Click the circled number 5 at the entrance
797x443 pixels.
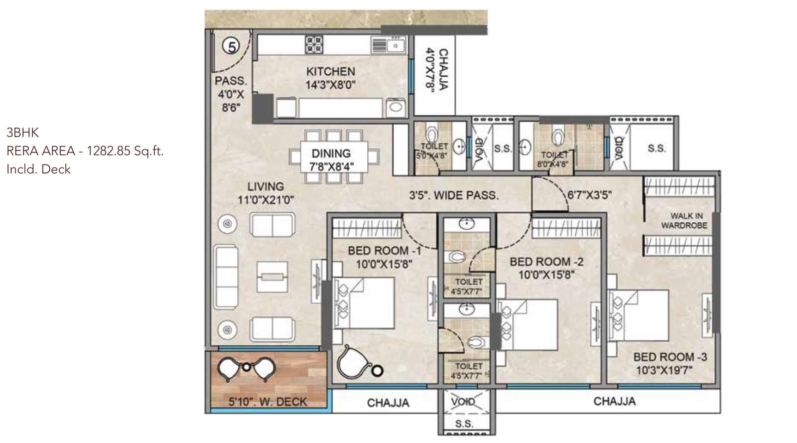coord(231,46)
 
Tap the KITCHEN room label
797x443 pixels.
coord(330,72)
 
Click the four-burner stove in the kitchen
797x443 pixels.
coord(314,44)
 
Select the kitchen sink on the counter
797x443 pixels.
coord(396,45)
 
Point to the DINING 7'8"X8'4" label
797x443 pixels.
coord(331,159)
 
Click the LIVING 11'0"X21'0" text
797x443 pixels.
coord(266,193)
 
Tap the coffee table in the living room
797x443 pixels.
coord(272,277)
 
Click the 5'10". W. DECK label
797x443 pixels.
coord(267,402)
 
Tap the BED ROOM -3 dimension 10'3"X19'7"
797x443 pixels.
coord(664,370)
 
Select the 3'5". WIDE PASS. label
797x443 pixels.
coord(453,195)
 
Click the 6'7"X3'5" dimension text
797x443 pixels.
coord(589,195)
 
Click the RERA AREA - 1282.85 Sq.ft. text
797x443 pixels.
coord(85,150)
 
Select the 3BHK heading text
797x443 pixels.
coord(22,132)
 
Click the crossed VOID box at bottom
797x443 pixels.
coord(463,402)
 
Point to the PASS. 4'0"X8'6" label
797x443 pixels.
coord(231,94)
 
